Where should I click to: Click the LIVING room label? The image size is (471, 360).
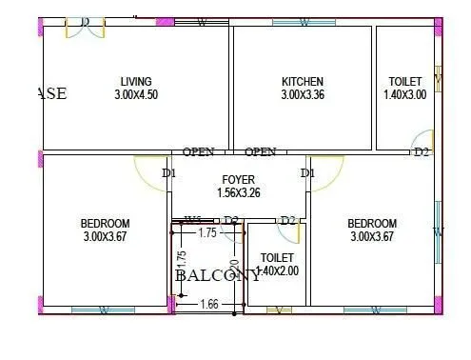click(x=135, y=82)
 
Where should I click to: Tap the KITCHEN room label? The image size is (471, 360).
click(x=303, y=82)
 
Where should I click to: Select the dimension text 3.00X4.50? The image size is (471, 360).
click(x=135, y=95)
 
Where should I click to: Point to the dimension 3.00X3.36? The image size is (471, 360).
click(x=303, y=95)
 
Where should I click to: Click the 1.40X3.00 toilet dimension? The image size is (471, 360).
click(x=406, y=95)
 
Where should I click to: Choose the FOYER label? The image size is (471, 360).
click(x=238, y=179)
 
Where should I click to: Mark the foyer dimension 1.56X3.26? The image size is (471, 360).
click(x=238, y=192)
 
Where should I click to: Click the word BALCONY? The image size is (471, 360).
click(x=217, y=275)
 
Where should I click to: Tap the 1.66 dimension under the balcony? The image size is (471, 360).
click(x=210, y=304)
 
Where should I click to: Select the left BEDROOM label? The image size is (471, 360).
click(x=105, y=223)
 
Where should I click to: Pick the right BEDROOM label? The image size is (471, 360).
click(x=372, y=223)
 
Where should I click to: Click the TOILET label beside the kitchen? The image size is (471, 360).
click(x=406, y=82)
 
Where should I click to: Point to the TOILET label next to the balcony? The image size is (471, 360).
click(x=277, y=257)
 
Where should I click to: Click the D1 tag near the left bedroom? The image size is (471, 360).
click(x=168, y=173)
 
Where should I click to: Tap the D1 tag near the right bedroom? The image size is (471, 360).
click(x=307, y=173)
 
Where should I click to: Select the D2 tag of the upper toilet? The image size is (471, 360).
click(x=422, y=151)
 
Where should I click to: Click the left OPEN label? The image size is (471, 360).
click(x=199, y=151)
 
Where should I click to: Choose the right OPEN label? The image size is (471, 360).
click(x=260, y=151)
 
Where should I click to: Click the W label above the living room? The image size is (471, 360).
click(x=202, y=22)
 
